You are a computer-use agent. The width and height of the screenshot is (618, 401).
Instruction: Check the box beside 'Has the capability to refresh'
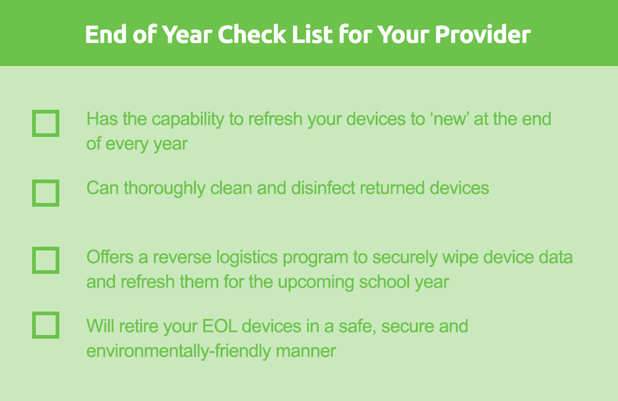46,123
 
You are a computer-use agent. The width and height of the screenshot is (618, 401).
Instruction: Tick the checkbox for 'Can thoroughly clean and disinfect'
46,193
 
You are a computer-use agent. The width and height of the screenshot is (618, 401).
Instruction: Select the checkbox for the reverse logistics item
46,260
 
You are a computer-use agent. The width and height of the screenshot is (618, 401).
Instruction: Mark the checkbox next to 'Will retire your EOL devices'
46,325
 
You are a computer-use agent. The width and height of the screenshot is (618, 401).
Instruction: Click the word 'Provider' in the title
483,34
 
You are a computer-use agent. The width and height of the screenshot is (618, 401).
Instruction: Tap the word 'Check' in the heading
252,34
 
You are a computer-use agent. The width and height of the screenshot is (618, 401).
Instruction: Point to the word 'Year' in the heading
188,34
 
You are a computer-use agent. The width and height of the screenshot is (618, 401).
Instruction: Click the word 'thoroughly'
164,189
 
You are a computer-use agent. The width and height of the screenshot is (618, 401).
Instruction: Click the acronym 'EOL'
219,326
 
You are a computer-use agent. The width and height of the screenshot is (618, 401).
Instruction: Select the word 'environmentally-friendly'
178,351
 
